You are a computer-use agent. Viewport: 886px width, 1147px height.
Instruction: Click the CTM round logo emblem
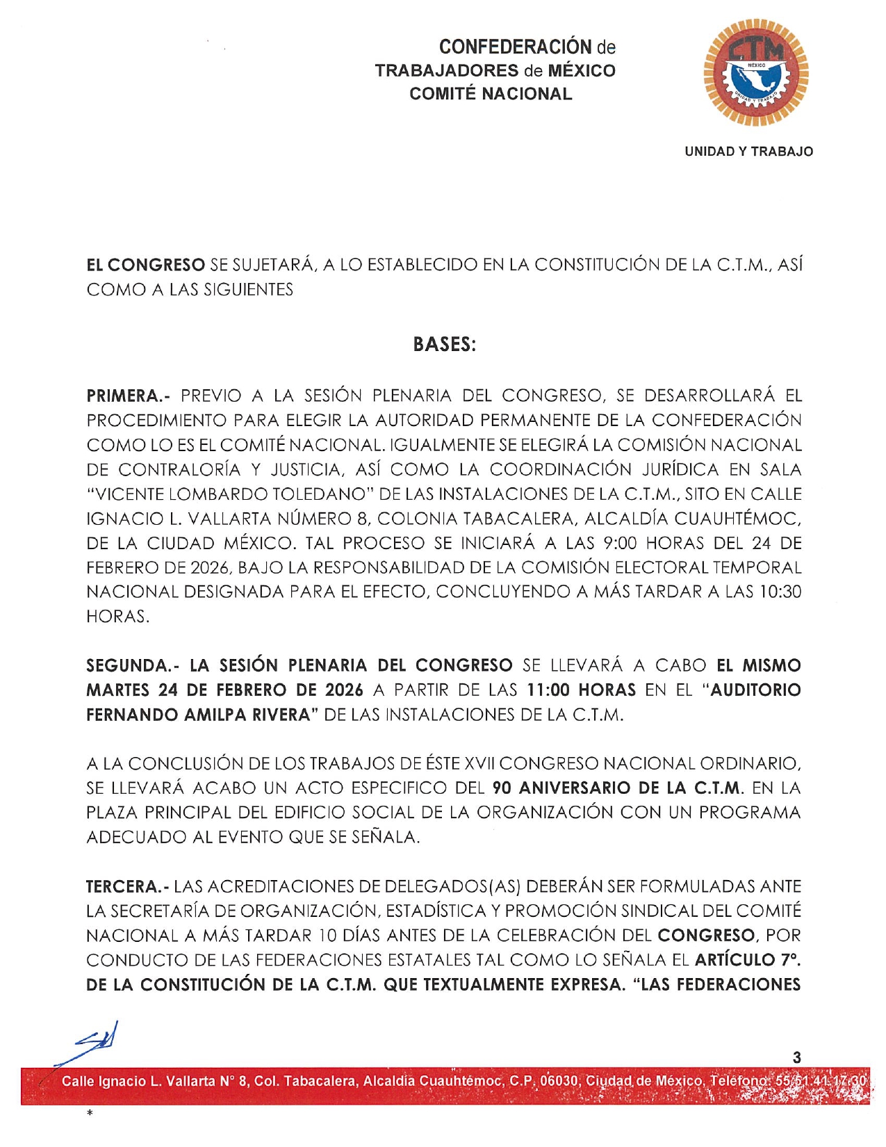pos(756,72)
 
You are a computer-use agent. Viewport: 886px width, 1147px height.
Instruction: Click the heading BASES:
pos(444,344)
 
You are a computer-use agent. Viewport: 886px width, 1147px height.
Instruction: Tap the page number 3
pos(796,1057)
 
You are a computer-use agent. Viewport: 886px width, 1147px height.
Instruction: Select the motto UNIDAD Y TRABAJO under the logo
pos(748,152)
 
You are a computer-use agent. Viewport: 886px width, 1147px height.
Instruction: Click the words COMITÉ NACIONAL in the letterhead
pos(491,94)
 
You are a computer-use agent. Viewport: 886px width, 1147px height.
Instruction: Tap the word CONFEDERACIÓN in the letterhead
pos(516,47)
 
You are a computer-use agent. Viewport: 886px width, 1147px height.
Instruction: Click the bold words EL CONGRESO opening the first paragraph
pos(145,265)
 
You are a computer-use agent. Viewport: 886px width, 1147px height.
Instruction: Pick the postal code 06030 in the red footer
pos(559,1081)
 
